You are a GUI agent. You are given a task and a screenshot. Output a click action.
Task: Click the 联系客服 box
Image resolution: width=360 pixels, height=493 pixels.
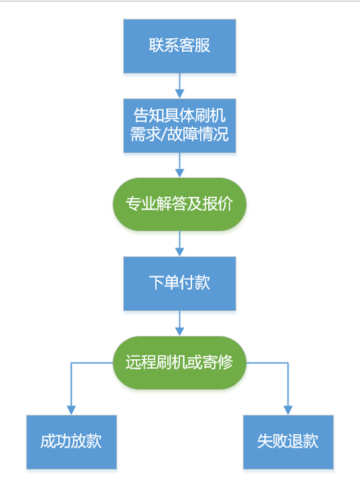[179, 46]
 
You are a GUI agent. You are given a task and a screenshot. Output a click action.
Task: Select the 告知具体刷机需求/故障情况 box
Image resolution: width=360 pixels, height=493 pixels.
[179, 126]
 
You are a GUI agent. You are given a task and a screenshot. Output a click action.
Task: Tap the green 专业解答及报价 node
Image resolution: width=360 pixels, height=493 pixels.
[179, 204]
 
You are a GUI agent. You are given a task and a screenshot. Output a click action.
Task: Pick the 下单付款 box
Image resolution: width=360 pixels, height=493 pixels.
[179, 284]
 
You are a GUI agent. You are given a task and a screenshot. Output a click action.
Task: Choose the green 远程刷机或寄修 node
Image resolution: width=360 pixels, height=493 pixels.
[179, 363]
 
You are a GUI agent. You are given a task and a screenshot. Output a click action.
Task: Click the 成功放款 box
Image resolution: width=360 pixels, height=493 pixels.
[71, 442]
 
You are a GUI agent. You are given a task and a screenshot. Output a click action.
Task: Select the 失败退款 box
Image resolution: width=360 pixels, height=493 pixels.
[288, 442]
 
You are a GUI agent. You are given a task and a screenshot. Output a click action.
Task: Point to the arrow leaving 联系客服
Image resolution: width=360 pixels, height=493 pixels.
[179, 86]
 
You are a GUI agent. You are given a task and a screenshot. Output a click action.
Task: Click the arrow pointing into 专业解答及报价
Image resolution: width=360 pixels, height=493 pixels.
[179, 166]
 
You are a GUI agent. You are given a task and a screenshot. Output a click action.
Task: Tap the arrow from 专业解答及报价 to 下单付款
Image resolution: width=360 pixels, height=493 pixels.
[179, 244]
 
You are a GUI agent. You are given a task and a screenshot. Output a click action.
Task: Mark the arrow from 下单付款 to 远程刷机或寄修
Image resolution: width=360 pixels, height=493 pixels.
[179, 323]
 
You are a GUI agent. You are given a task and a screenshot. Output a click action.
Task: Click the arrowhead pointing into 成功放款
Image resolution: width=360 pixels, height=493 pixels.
[71, 410]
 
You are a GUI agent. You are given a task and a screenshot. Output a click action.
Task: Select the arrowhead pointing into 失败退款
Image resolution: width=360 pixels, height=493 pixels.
[288, 410]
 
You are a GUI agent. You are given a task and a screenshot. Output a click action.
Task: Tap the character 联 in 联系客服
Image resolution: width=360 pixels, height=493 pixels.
[156, 45]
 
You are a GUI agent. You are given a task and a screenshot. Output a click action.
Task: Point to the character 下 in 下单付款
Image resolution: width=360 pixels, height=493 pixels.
[156, 282]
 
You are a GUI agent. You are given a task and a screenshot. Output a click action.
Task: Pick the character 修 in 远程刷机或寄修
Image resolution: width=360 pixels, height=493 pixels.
[225, 362]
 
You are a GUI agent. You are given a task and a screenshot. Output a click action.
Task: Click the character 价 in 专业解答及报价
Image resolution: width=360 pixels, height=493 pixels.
[225, 204]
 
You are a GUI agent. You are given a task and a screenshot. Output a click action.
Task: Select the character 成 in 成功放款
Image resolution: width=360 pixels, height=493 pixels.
[48, 441]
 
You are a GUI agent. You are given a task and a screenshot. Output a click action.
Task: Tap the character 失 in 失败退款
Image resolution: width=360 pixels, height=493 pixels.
[265, 441]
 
